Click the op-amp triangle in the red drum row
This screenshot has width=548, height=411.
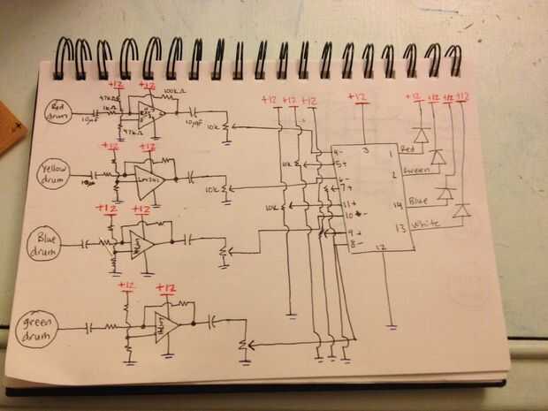(x=144, y=110)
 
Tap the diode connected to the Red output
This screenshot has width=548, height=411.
(x=421, y=136)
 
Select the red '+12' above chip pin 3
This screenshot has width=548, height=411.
(x=357, y=96)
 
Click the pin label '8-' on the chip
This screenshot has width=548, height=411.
(x=339, y=242)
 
